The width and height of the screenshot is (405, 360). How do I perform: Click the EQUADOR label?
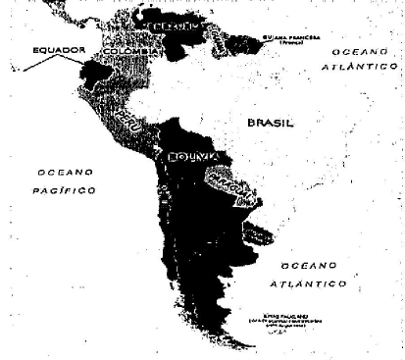tap(60, 49)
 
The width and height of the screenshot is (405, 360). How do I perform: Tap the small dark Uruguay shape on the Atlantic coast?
tap(256, 232)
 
